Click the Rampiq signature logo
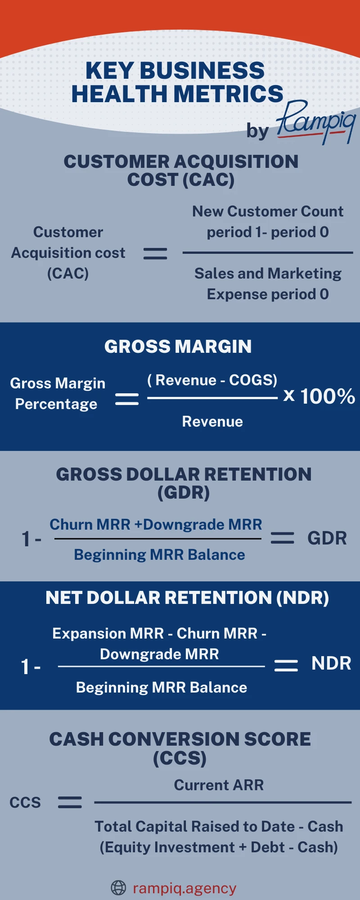click(x=316, y=122)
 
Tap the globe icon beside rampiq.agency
click(x=118, y=888)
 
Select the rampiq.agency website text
click(x=184, y=888)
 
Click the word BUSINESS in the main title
click(x=202, y=71)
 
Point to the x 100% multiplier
click(x=319, y=396)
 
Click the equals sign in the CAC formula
click(x=155, y=254)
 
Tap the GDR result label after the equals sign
click(x=327, y=538)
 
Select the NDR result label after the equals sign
click(x=331, y=663)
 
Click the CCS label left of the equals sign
click(x=25, y=802)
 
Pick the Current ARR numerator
click(x=219, y=785)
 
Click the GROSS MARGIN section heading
click(x=178, y=346)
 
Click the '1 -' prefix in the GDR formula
click(x=31, y=539)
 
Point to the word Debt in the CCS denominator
click(x=268, y=847)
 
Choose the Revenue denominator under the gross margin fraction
click(x=212, y=422)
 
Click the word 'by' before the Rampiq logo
click(x=257, y=131)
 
